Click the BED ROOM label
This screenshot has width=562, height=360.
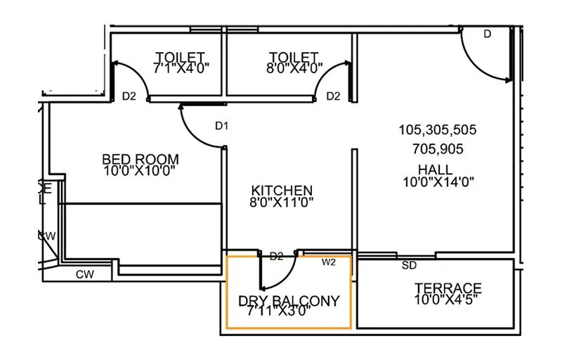click(x=140, y=159)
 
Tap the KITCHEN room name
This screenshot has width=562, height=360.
click(x=282, y=191)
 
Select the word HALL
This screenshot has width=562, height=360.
click(x=435, y=169)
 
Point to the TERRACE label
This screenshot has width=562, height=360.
click(x=448, y=288)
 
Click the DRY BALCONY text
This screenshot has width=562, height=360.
click(x=289, y=301)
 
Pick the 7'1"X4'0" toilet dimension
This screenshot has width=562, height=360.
click(x=181, y=68)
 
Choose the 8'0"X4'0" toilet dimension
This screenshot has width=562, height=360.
click(x=293, y=68)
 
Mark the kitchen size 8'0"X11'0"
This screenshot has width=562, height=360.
click(x=282, y=202)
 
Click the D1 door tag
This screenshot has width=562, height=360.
click(x=222, y=126)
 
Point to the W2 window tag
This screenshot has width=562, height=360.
click(x=328, y=262)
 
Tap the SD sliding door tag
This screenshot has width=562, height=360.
click(x=408, y=266)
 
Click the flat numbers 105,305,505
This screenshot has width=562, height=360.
click(x=438, y=130)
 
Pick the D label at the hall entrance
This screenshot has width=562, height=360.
click(x=487, y=34)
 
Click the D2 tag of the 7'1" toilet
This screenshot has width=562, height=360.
click(x=129, y=96)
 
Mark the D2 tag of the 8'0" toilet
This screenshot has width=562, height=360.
click(x=333, y=96)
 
